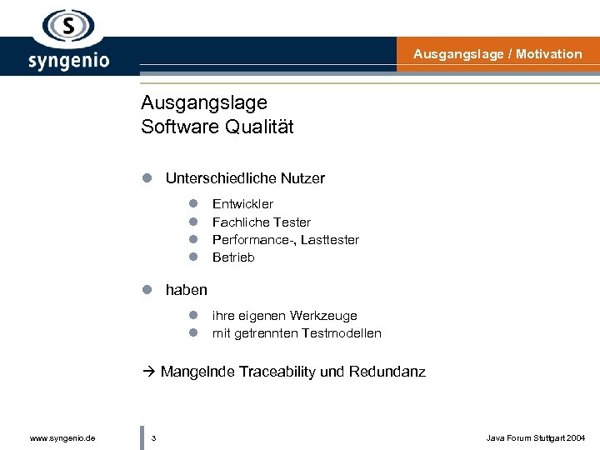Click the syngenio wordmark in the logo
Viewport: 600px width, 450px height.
[x=68, y=60]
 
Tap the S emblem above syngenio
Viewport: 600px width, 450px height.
[x=69, y=27]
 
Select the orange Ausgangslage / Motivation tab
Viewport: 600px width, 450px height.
[x=497, y=54]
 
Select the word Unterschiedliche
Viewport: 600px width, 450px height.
[x=217, y=178]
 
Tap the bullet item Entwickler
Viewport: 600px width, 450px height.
[x=242, y=204]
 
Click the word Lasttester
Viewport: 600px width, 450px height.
[x=331, y=240]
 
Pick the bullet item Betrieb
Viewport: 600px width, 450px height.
[x=233, y=257]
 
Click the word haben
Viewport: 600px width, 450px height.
[x=187, y=290]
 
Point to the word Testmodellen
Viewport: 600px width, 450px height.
[x=342, y=333]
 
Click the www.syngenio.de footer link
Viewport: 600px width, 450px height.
[x=62, y=437]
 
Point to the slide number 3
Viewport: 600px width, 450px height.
[x=154, y=437]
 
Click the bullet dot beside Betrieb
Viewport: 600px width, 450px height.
[x=192, y=257]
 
